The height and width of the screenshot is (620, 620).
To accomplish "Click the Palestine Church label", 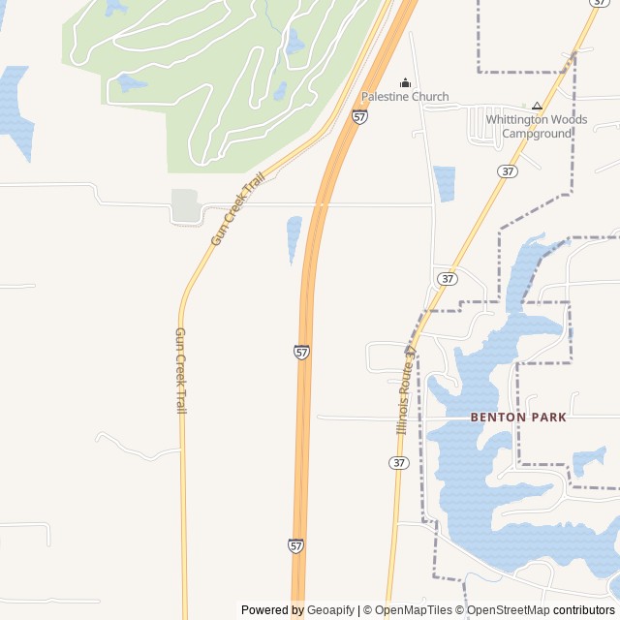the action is pyautogui.click(x=405, y=97).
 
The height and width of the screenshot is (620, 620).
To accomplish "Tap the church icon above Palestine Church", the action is pyautogui.click(x=405, y=82).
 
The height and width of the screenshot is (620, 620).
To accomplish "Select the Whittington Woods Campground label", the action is pyautogui.click(x=537, y=127).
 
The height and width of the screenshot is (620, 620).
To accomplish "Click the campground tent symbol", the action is pyautogui.click(x=537, y=106).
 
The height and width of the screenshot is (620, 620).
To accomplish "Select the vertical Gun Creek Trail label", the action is pyautogui.click(x=180, y=370).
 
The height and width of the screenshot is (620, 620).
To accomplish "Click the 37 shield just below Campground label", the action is pyautogui.click(x=507, y=170).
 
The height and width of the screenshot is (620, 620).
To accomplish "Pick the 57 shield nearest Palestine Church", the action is pyautogui.click(x=359, y=116).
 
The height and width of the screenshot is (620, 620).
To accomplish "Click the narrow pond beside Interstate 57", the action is pyautogui.click(x=294, y=239).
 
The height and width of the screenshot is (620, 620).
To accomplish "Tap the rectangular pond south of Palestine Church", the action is pyautogui.click(x=445, y=183).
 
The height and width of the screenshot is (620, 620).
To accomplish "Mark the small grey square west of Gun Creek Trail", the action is pyautogui.click(x=185, y=204).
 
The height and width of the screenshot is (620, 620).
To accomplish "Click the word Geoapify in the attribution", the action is pyautogui.click(x=330, y=610).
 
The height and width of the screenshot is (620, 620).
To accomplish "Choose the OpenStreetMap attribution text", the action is pyautogui.click(x=508, y=610).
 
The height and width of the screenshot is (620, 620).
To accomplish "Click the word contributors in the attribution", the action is pyautogui.click(x=584, y=610).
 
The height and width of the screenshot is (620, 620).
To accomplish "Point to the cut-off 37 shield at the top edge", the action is pyautogui.click(x=599, y=3).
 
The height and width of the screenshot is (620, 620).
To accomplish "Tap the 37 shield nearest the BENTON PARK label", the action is pyautogui.click(x=399, y=463).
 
